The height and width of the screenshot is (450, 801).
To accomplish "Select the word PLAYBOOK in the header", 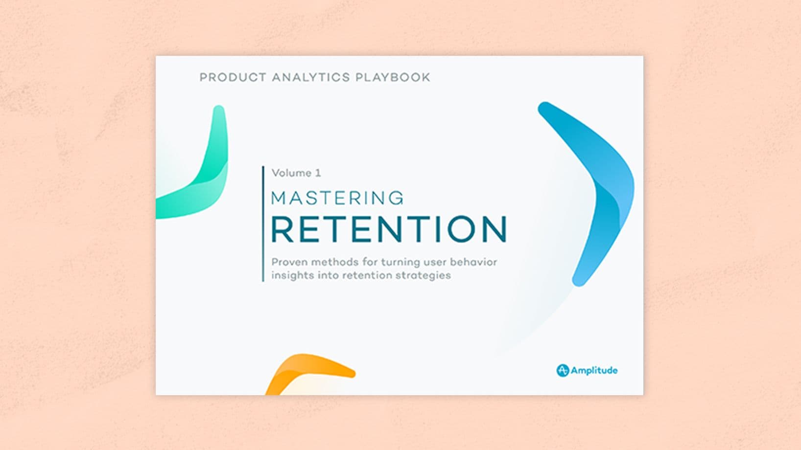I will click(393, 77).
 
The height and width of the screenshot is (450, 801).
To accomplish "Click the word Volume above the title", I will click(292, 173).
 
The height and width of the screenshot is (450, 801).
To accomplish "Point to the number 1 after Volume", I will click(318, 173).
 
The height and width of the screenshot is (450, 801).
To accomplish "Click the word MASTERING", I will click(337, 198).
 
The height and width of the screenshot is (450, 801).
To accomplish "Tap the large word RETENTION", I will click(389, 229).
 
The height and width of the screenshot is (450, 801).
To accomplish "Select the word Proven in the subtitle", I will click(289, 262).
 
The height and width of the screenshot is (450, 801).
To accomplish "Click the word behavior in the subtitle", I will click(473, 262).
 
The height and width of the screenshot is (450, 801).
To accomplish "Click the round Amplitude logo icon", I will click(563, 371).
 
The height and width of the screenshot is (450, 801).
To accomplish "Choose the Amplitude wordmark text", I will click(594, 371).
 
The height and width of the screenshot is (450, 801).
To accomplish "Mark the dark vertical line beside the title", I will click(263, 224).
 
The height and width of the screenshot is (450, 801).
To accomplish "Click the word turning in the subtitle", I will click(398, 263).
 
